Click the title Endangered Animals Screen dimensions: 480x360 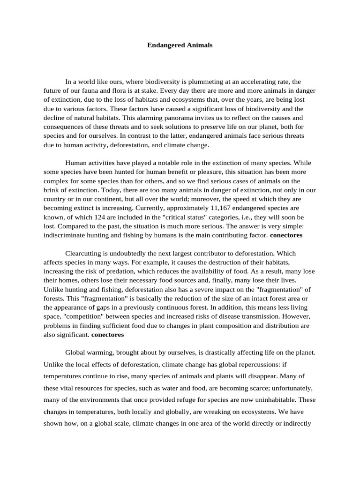[180, 45]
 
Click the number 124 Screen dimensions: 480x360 [102, 217]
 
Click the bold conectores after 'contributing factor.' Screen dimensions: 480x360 [286, 235]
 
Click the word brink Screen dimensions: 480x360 [52, 190]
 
